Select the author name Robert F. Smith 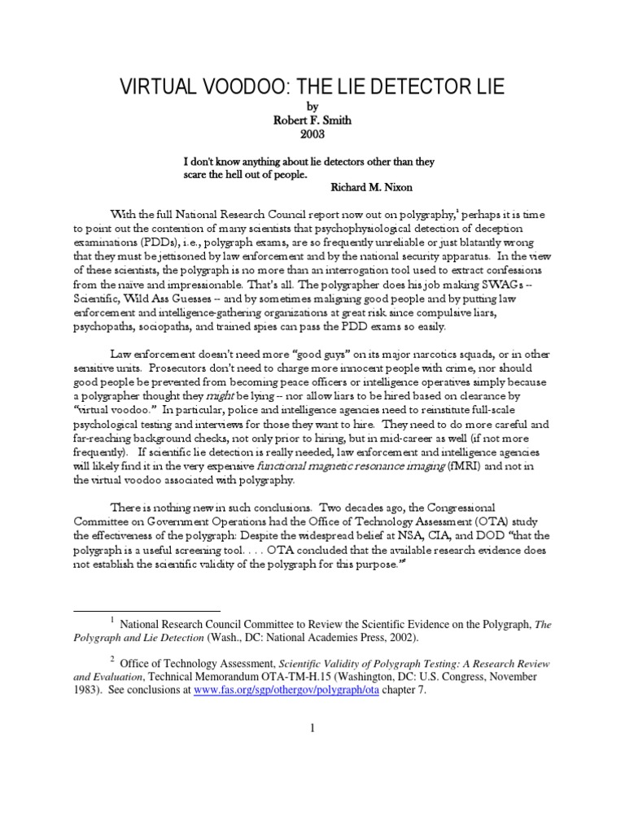click(x=312, y=119)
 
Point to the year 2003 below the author click(x=312, y=133)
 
